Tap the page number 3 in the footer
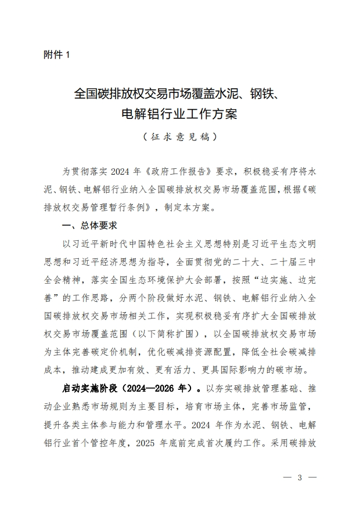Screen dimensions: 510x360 click(300, 478)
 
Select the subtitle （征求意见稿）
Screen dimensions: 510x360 click(179, 138)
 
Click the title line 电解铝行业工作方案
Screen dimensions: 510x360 click(179, 113)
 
